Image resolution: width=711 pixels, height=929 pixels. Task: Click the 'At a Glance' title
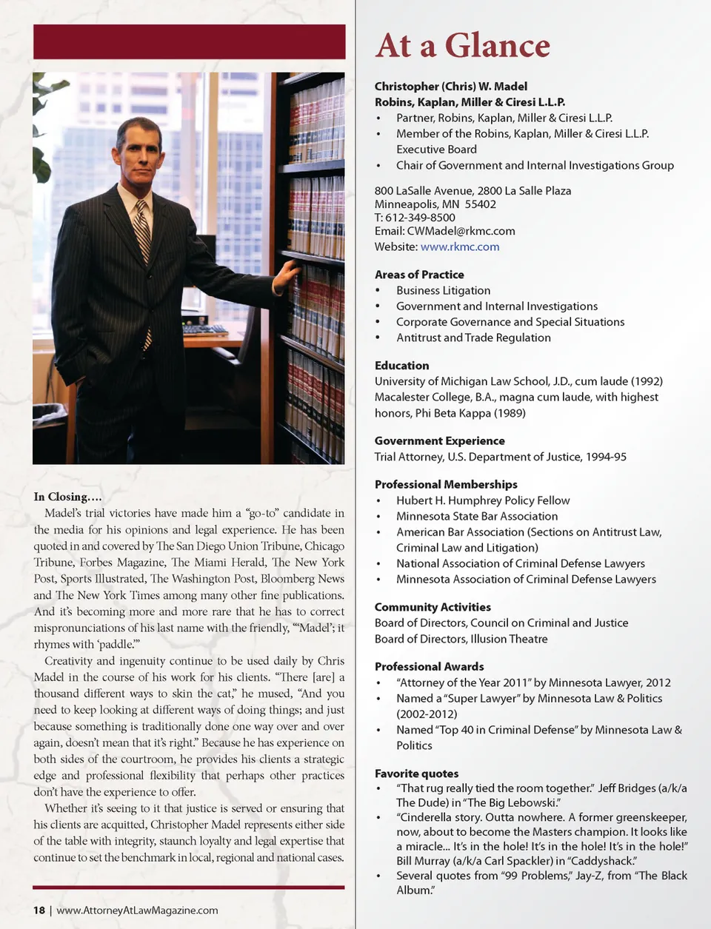tap(463, 46)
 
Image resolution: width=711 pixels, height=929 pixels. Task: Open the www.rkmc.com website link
tap(459, 246)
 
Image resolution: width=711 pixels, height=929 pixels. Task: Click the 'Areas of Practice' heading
tap(419, 275)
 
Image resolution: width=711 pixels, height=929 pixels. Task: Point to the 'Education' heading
tap(401, 366)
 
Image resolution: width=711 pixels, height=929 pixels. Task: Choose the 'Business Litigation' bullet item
tap(443, 291)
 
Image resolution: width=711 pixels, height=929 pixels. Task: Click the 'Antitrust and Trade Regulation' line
tap(473, 338)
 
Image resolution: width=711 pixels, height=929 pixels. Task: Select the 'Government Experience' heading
tap(439, 441)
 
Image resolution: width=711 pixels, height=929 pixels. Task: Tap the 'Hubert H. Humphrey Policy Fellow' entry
tap(483, 500)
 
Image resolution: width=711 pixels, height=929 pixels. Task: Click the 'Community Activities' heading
tap(433, 607)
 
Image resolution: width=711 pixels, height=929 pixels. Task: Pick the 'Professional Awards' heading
tap(429, 667)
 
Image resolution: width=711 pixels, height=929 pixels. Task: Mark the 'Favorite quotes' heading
tap(416, 774)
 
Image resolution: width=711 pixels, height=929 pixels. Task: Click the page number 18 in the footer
tap(39, 910)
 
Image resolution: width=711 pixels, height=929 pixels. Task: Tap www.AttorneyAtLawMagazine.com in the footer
tap(137, 910)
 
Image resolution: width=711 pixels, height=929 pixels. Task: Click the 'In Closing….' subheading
tap(67, 497)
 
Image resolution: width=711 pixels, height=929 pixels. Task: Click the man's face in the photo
tap(138, 155)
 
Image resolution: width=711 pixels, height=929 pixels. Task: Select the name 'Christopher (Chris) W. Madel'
tap(450, 87)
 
